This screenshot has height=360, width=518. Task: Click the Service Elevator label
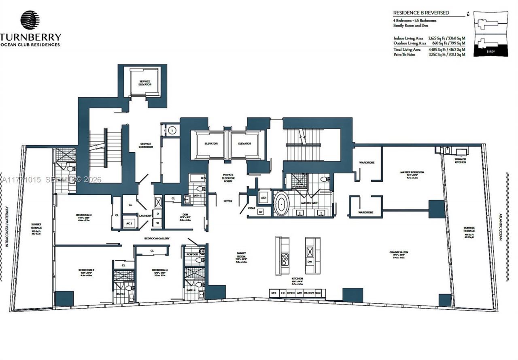tap(144, 83)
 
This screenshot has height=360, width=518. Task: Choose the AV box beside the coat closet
tap(261, 211)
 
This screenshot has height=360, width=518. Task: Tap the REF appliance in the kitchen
tap(274, 293)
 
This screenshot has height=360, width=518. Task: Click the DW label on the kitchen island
tap(310, 262)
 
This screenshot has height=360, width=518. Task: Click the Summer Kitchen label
tap(460, 161)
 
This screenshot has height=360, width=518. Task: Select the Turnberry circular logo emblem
tap(30, 20)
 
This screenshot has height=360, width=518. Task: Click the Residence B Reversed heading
tap(421, 13)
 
